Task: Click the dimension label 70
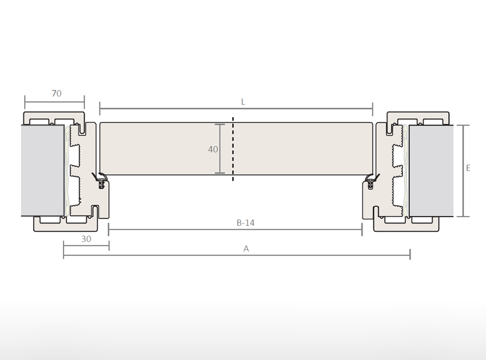(57, 94)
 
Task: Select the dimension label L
(243, 102)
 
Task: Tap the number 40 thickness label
(213, 150)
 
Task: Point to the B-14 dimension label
(245, 223)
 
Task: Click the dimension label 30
(86, 239)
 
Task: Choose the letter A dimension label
(246, 249)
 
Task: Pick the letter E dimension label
(468, 168)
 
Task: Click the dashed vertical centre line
(233, 149)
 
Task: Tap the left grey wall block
(42, 170)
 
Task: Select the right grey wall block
(431, 170)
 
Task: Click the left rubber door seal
(100, 181)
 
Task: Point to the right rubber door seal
(371, 181)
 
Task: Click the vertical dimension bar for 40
(220, 149)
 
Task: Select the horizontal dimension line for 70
(54, 103)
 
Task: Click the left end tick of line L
(100, 109)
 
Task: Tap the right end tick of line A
(410, 254)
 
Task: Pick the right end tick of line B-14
(362, 230)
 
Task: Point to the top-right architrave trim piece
(417, 117)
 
